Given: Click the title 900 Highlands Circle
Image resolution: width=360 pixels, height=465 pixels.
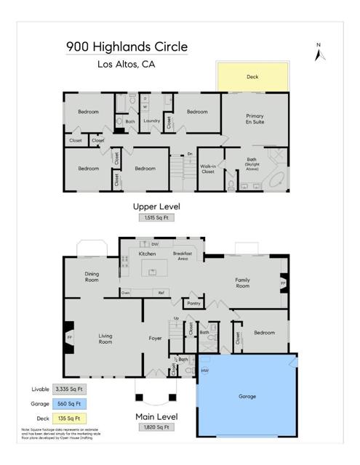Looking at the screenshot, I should [x=126, y=46].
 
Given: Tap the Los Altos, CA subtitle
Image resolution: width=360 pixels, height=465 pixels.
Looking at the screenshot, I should [x=126, y=64].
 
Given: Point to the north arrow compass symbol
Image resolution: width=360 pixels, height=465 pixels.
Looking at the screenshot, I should [x=318, y=52].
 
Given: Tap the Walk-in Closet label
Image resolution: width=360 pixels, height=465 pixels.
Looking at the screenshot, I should [x=207, y=169].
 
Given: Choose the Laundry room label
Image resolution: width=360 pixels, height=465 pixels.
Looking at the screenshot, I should [x=151, y=121].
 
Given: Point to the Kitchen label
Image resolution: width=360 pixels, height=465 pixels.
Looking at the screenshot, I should [x=148, y=254].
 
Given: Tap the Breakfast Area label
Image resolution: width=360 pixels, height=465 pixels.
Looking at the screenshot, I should [x=182, y=256].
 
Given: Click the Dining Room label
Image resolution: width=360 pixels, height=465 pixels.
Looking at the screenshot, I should [x=92, y=276].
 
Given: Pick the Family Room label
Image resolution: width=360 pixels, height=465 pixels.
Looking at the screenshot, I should [x=242, y=283].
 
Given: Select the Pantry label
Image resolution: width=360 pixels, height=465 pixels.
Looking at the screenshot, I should [x=193, y=303].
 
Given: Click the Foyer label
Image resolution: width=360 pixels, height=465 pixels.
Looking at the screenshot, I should [x=155, y=338].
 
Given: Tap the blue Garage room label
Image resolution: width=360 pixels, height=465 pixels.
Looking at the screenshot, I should [x=248, y=397].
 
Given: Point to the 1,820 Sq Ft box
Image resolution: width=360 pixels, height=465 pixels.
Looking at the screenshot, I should [x=156, y=428].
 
